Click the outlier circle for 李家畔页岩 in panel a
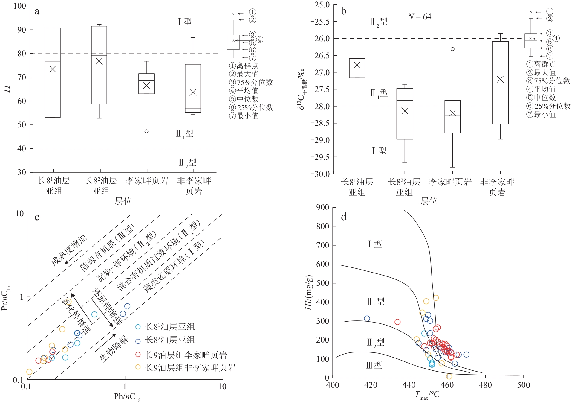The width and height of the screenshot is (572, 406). tap(146, 131)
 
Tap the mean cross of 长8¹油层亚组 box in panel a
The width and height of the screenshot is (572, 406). tap(53, 69)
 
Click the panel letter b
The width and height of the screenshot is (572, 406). tap(344, 11)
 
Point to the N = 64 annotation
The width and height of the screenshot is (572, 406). tap(419, 17)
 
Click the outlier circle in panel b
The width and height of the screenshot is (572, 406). tap(452, 49)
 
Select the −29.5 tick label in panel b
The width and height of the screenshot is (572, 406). tap(320, 157)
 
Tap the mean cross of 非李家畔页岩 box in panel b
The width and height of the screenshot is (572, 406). tap(500, 79)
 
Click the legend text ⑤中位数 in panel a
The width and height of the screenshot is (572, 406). tap(244, 99)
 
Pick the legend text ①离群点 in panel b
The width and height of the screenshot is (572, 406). tap(541, 64)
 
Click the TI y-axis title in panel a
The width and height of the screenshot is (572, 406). tap(7, 89)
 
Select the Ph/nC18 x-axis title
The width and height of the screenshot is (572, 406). tap(127, 397)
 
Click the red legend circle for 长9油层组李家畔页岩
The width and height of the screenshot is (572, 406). tap(138, 355)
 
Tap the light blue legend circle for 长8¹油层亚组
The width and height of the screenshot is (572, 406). tap(138, 327)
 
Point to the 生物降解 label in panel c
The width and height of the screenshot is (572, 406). tap(114, 349)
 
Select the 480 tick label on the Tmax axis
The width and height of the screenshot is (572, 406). tap(485, 385)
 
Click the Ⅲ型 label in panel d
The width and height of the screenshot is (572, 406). tap(374, 365)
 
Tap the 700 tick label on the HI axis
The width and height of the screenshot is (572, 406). tap(322, 245)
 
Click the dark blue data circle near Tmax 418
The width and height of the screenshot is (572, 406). tap(367, 319)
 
